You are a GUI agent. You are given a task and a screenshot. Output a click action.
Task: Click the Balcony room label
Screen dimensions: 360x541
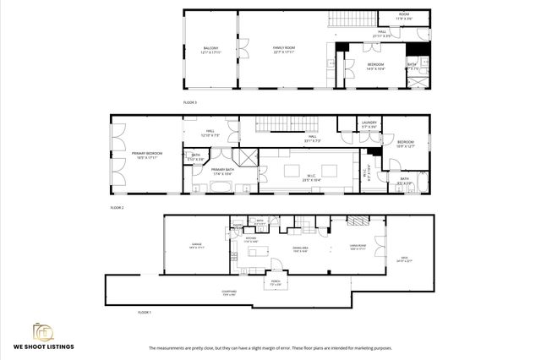pyautogui.click(x=210, y=49)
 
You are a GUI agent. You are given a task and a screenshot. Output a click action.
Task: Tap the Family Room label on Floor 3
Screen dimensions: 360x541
pyautogui.click(x=282, y=49)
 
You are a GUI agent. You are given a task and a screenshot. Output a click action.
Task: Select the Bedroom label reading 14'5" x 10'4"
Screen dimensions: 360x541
pyautogui.click(x=376, y=66)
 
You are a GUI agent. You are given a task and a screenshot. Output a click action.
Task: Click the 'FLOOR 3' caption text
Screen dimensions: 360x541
pyautogui.click(x=190, y=102)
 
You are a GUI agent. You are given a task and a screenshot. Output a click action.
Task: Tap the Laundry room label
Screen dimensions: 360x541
pyautogui.click(x=368, y=124)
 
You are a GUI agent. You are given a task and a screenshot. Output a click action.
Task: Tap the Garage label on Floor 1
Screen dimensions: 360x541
pyautogui.click(x=195, y=246)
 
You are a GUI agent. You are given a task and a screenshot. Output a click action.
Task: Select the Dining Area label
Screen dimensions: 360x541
pyautogui.click(x=300, y=249)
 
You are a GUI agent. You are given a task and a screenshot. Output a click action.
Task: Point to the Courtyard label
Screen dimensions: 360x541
pyautogui.click(x=229, y=292)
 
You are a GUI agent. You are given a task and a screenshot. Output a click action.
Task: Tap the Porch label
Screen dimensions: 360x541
pyautogui.click(x=275, y=283)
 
